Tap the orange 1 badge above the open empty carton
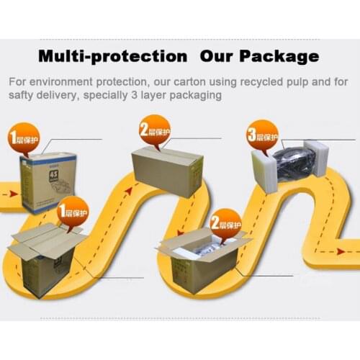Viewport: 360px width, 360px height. click(73, 212)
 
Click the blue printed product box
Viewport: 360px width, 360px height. click(48, 182)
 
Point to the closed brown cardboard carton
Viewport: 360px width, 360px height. click(166, 171)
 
